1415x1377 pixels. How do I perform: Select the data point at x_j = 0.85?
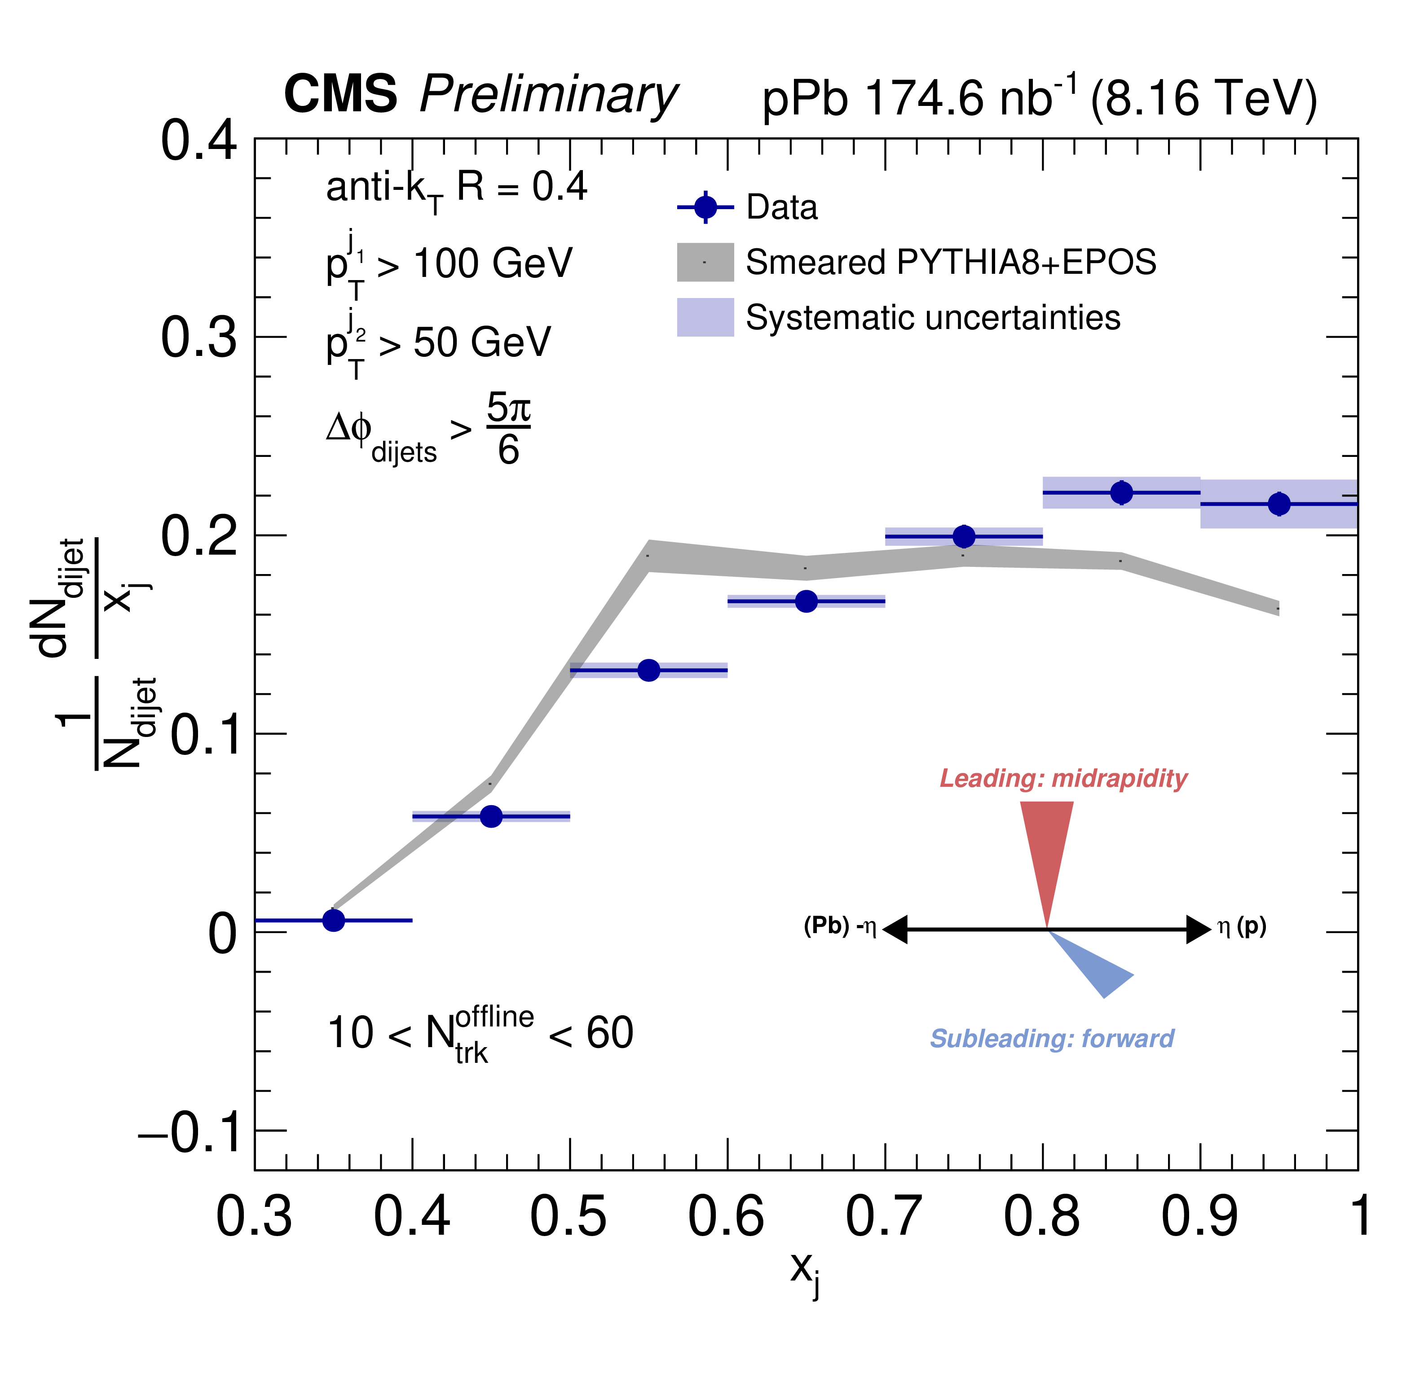pyautogui.click(x=1121, y=492)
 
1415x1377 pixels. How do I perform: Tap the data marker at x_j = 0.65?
pyautogui.click(x=806, y=601)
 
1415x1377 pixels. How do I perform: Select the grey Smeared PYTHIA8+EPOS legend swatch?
pyautogui.click(x=705, y=262)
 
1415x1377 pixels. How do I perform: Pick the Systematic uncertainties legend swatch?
pyautogui.click(x=705, y=317)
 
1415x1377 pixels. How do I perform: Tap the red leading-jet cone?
pyautogui.click(x=1047, y=846)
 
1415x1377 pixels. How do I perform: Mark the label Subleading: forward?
pyautogui.click(x=1052, y=1039)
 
